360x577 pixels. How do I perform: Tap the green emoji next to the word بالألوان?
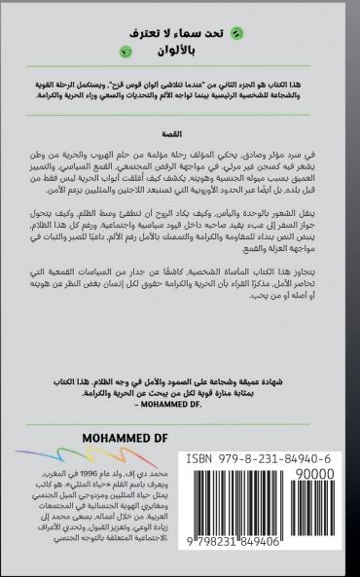click(x=123, y=50)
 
